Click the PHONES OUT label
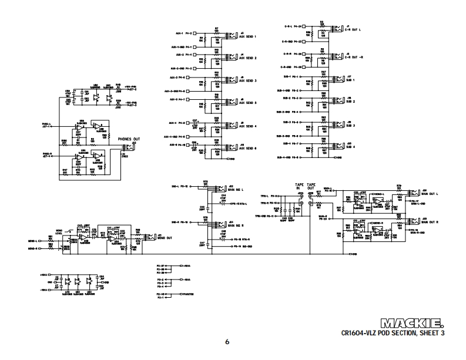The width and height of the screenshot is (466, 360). click(129, 139)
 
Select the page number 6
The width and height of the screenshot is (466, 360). click(227, 342)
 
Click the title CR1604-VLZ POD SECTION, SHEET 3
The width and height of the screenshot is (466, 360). click(393, 333)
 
